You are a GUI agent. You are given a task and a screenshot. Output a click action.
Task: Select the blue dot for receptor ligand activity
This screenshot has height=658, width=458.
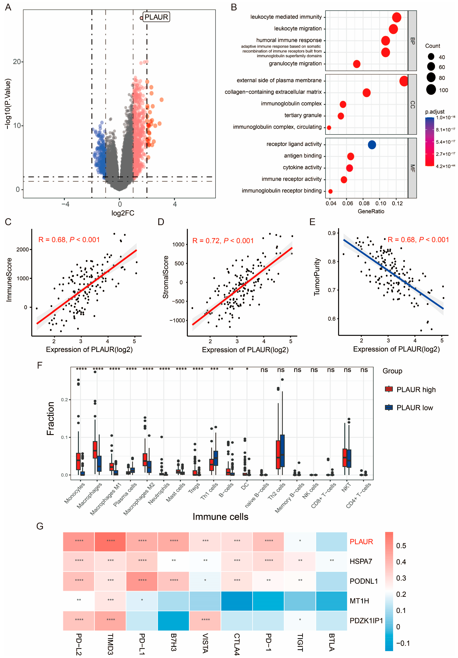(x=372, y=145)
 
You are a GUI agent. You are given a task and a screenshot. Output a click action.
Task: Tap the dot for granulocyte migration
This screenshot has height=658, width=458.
(x=357, y=64)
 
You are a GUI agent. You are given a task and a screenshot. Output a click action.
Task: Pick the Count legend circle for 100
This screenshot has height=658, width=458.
(x=431, y=90)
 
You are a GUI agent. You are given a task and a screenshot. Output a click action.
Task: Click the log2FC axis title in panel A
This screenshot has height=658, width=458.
(x=123, y=213)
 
